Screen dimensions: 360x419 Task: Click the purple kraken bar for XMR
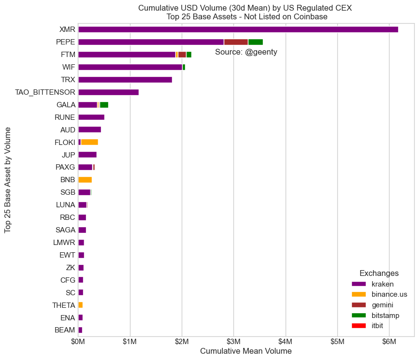pos(238,29)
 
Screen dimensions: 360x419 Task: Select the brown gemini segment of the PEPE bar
pos(236,42)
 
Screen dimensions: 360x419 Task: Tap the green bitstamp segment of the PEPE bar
pos(255,42)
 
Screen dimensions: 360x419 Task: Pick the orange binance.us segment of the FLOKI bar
pos(89,142)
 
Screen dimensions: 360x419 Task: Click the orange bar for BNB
pos(85,180)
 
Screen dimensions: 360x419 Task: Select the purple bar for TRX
pos(125,80)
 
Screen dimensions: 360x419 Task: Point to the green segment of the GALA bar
pos(104,105)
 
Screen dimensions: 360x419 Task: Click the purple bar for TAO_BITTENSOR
pos(108,92)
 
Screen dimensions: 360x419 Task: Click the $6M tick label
pos(389,342)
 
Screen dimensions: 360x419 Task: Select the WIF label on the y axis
pos(68,67)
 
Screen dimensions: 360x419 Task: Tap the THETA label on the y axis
pos(64,305)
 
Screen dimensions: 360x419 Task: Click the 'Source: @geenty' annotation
pos(246,52)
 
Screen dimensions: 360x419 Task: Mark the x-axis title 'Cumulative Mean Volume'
pos(246,351)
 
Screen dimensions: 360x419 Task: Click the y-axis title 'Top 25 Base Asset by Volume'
pos(8,180)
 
